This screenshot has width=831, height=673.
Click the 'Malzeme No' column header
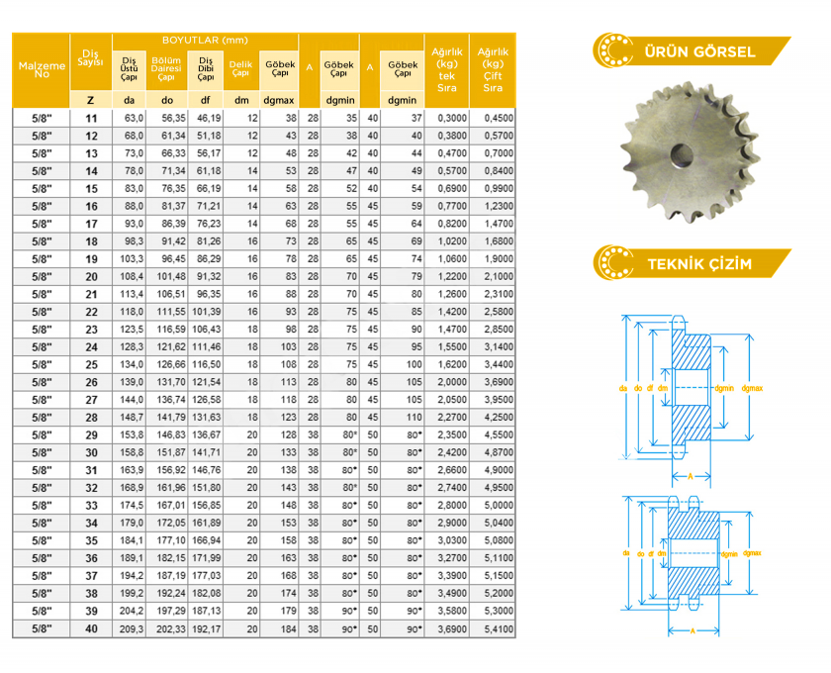42,70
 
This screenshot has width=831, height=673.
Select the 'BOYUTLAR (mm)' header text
205,41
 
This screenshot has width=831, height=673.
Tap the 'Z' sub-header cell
91,100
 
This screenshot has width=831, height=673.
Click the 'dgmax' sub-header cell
279,100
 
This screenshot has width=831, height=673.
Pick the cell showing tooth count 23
91,330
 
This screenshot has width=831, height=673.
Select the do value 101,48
171,276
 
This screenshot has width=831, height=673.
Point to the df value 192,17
207,629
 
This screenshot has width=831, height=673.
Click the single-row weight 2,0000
452,382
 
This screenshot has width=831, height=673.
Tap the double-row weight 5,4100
499,629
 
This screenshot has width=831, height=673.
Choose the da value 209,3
132,629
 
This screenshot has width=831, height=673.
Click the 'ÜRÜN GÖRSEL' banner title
699,52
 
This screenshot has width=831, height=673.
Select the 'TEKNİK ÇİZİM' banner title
699,263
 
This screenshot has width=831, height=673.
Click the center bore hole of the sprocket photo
682,154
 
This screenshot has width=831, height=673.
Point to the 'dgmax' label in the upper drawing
752,388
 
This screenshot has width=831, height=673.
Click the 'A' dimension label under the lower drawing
692,630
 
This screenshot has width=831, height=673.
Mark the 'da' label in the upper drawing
623,388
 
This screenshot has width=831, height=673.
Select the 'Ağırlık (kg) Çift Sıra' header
493,70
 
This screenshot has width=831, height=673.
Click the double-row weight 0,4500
499,118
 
